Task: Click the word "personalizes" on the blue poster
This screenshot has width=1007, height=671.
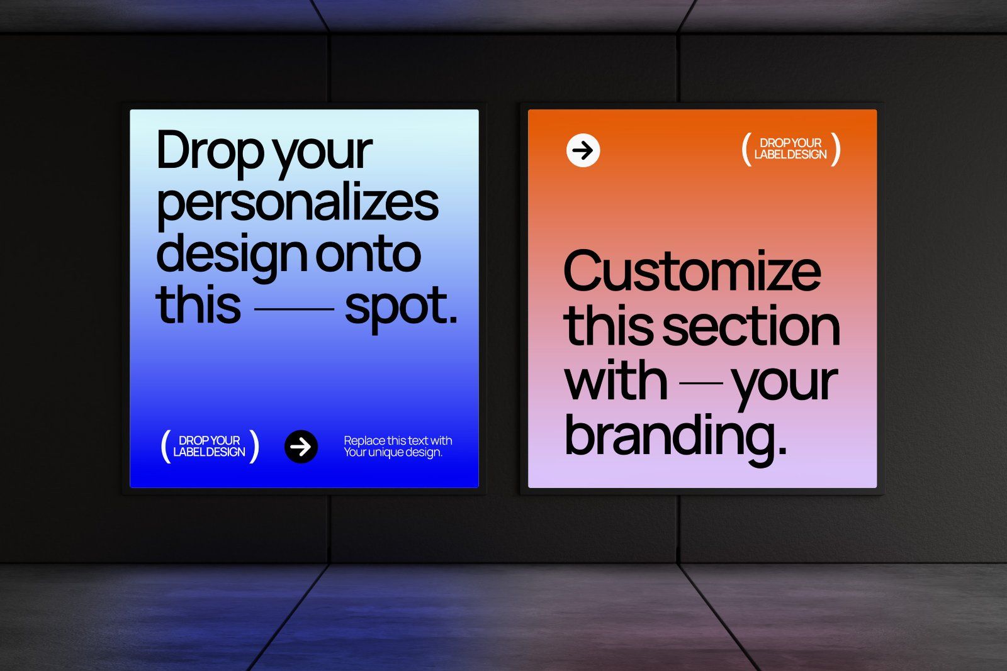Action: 297,203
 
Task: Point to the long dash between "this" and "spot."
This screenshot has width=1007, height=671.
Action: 293,309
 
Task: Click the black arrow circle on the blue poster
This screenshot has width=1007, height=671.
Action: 301,446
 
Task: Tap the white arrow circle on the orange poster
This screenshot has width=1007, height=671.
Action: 583,151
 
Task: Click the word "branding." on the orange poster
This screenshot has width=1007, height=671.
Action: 675,435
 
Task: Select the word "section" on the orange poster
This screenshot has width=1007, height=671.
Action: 751,326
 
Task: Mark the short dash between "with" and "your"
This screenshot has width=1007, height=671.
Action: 702,381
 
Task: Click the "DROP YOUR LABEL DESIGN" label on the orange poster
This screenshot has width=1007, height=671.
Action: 790,149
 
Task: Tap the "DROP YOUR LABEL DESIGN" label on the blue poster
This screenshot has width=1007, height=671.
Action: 210,446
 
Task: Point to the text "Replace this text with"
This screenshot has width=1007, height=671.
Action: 398,441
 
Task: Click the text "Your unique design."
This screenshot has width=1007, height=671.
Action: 393,452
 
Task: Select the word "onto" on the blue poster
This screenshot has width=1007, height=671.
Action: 368,254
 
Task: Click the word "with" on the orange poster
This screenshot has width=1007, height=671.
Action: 616,381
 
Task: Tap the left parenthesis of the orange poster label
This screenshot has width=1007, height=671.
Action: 746,149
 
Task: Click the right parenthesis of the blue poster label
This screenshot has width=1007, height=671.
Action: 254,446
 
